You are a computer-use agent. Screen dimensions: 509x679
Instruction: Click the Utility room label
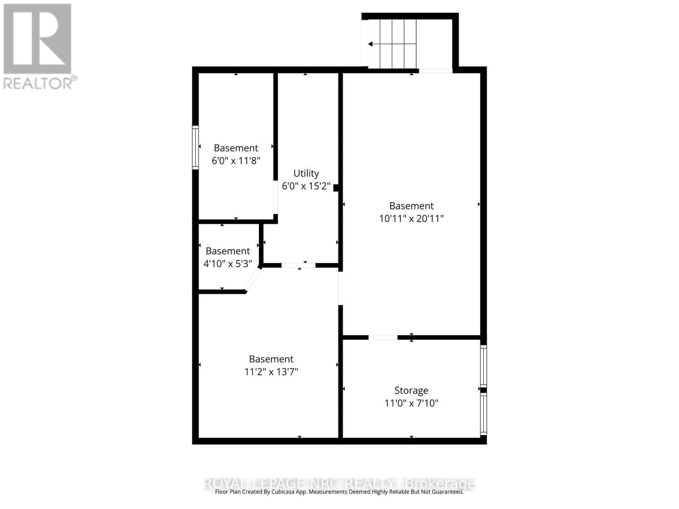tap(306, 173)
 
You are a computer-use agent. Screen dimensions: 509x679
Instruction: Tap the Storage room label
tap(411, 390)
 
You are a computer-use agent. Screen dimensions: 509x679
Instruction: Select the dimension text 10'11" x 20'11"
tap(411, 218)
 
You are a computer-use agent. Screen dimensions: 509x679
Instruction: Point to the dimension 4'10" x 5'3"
tap(228, 264)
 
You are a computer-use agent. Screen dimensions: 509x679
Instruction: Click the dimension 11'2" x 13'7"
tap(271, 372)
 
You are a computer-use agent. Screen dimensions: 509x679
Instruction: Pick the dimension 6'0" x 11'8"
tap(236, 161)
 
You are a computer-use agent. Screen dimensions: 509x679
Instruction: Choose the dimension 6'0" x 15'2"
tap(306, 186)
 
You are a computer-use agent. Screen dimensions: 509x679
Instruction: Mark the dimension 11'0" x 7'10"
tap(411, 403)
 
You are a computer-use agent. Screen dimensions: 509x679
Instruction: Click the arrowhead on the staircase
tap(370, 44)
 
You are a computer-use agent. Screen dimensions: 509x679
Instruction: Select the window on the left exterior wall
tap(195, 148)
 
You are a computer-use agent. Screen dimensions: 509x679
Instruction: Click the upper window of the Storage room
tap(483, 366)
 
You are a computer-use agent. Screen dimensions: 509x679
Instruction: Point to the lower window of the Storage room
tap(483, 414)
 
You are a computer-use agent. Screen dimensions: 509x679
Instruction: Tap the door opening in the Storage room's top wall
tap(383, 338)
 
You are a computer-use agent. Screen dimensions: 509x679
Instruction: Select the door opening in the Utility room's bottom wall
tap(298, 266)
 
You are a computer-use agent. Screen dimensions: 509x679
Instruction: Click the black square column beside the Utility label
tap(336, 188)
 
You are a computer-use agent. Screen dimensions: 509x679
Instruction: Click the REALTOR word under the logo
tap(38, 83)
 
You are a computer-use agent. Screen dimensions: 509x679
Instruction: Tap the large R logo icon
tap(37, 39)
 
